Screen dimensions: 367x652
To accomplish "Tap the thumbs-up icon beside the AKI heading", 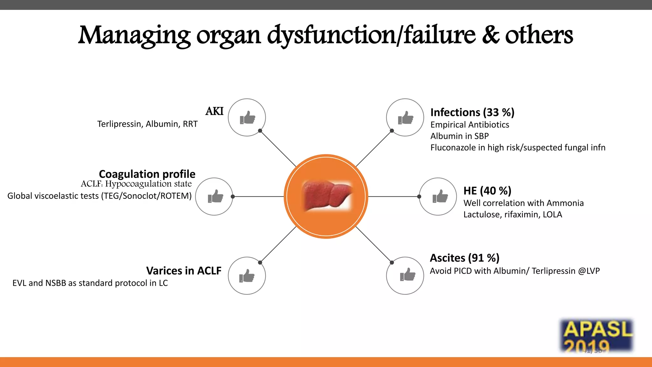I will [x=247, y=118].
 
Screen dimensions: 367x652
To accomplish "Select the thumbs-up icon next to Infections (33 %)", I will [x=405, y=118].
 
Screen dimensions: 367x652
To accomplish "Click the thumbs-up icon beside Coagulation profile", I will [x=215, y=196].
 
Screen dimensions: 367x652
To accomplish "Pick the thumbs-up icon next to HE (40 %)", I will [x=440, y=196].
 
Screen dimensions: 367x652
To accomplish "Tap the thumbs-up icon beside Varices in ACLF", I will [x=247, y=276].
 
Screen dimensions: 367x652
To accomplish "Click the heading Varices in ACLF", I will [x=184, y=270].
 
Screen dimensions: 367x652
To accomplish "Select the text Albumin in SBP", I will [x=459, y=136].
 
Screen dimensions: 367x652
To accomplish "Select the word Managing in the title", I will [x=134, y=36].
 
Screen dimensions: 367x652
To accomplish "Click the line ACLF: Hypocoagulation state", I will [x=136, y=184].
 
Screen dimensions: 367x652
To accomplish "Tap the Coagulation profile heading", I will [x=147, y=174].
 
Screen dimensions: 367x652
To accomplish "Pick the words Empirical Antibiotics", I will [x=470, y=125].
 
